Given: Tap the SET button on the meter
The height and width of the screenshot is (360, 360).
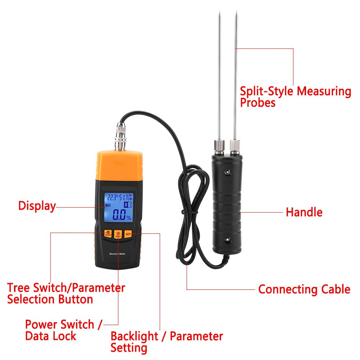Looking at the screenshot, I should [128, 234].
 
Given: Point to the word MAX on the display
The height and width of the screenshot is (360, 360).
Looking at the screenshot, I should [108, 205].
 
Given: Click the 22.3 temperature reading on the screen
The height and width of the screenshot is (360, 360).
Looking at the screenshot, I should [111, 197].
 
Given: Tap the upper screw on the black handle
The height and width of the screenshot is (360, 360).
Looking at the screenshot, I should [227, 173].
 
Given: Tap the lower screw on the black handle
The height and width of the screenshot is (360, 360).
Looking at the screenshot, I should [227, 240].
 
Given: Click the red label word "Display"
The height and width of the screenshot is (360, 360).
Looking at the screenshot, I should [37, 206].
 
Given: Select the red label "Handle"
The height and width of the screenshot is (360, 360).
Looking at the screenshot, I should [304, 212].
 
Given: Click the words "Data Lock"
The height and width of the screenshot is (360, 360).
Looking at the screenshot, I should [50, 336].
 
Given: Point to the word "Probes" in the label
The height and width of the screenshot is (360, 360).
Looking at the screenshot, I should [258, 103].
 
